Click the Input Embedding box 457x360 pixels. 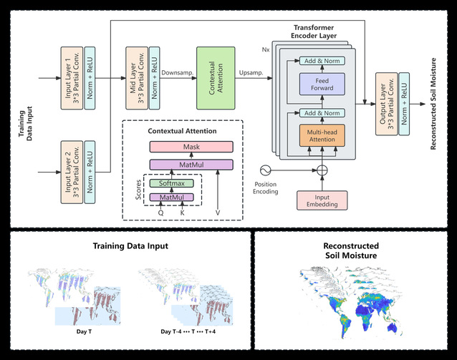pyautogui.click(x=317, y=200)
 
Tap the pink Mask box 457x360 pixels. pyautogui.click(x=191, y=147)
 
